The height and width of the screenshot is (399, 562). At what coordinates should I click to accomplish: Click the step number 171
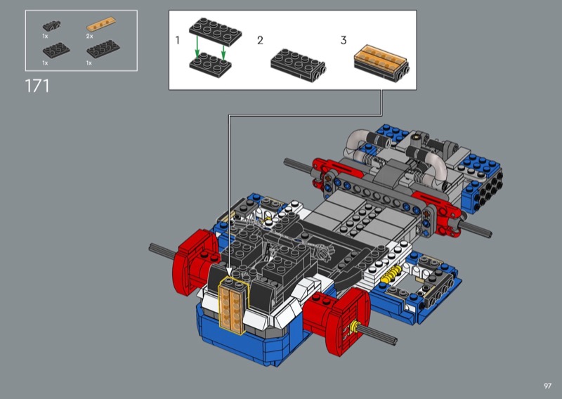(x=37, y=86)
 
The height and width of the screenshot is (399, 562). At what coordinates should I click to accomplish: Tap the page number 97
(x=547, y=386)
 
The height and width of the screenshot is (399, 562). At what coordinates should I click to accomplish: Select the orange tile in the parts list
(x=101, y=24)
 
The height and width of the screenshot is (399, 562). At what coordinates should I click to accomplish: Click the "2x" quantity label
(x=89, y=37)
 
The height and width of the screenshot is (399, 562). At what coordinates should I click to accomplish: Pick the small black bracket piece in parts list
(x=51, y=26)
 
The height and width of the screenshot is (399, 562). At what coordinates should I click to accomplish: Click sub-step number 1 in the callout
(x=178, y=40)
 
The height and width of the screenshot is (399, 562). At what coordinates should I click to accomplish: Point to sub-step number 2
(x=260, y=40)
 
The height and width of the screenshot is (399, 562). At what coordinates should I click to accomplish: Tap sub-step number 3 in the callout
(x=344, y=40)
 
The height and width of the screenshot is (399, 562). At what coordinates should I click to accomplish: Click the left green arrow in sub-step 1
(x=197, y=46)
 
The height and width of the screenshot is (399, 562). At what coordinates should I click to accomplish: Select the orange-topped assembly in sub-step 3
(x=381, y=63)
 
